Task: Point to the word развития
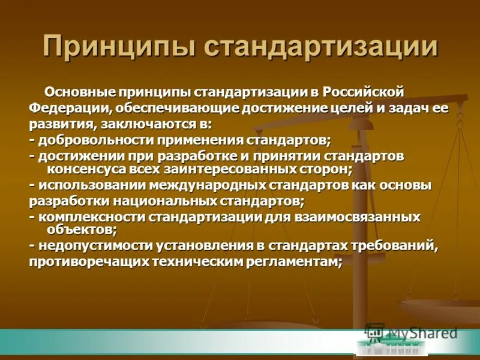[x=57, y=124]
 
